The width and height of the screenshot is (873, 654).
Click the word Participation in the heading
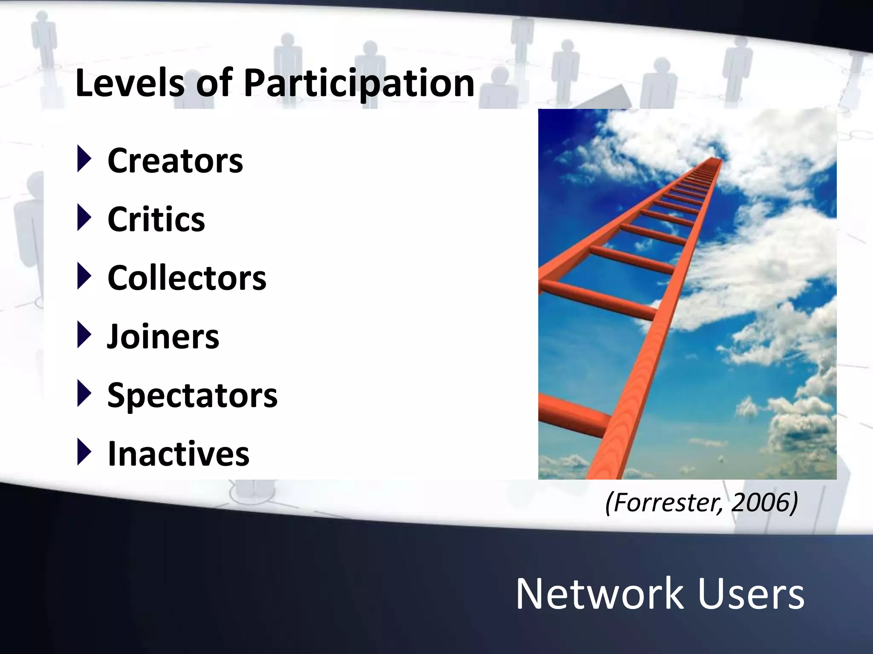[359, 84]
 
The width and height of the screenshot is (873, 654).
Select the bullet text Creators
[175, 161]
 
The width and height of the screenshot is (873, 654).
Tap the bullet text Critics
[156, 219]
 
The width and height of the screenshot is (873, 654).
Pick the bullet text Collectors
[187, 278]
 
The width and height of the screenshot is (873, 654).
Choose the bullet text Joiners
[163, 337]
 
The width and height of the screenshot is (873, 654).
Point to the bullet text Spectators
[192, 396]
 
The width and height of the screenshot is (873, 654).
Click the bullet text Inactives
[178, 454]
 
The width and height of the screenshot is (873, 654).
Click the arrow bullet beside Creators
[84, 159]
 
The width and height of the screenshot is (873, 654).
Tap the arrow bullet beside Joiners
[84, 335]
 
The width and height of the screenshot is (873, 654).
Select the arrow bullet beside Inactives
[84, 452]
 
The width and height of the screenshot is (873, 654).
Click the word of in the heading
[214, 83]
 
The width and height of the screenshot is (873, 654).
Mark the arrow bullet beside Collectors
[84, 276]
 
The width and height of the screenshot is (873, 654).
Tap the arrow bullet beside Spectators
[84, 393]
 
